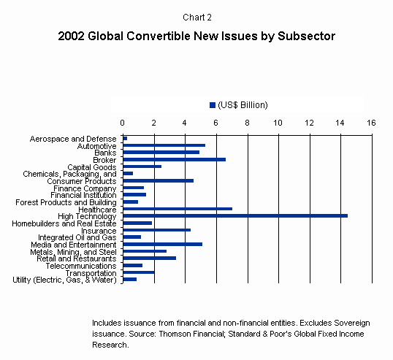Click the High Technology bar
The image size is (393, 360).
pos(235,215)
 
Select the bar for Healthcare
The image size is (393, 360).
pos(178,209)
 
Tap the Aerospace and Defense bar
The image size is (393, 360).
pos(125,138)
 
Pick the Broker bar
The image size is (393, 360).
pos(175,159)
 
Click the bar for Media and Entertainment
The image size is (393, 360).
pos(163,244)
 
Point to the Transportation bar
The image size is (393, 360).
pos(139,272)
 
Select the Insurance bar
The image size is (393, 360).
pos(157,230)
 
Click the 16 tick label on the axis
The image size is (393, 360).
pos(371,123)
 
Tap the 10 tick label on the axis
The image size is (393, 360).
pos(278,123)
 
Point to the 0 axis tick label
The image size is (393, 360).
pos(122,123)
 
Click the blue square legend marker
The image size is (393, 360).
pos(213,105)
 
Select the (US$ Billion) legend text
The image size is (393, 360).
pos(243,105)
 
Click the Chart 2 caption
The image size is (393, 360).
pos(197,18)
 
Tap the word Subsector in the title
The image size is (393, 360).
pos(306,36)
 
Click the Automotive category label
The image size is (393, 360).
pos(96,146)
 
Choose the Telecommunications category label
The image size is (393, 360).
pos(81,266)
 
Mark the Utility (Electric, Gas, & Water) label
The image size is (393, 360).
pos(65,280)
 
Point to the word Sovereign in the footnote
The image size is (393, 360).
pos(352,323)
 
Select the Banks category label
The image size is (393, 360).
pos(105,153)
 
